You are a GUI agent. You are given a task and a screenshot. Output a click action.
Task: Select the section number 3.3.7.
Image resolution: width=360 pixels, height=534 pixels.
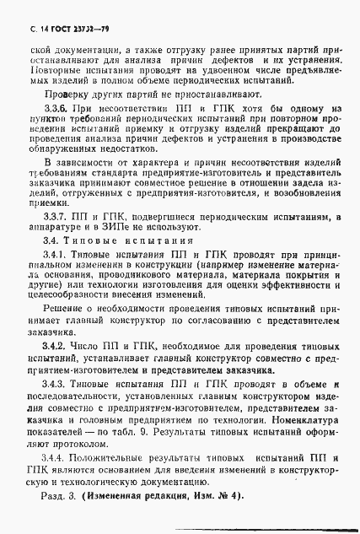point(55,216)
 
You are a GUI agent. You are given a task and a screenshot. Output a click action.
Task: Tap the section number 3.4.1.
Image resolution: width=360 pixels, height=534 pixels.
point(55,254)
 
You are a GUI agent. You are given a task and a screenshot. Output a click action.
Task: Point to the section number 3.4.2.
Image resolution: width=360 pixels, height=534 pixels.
point(55,346)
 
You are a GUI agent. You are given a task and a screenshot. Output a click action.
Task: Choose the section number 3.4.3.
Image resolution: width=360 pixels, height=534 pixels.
point(55,384)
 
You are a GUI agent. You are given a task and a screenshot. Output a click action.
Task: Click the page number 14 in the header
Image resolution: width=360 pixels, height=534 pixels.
point(33,30)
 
